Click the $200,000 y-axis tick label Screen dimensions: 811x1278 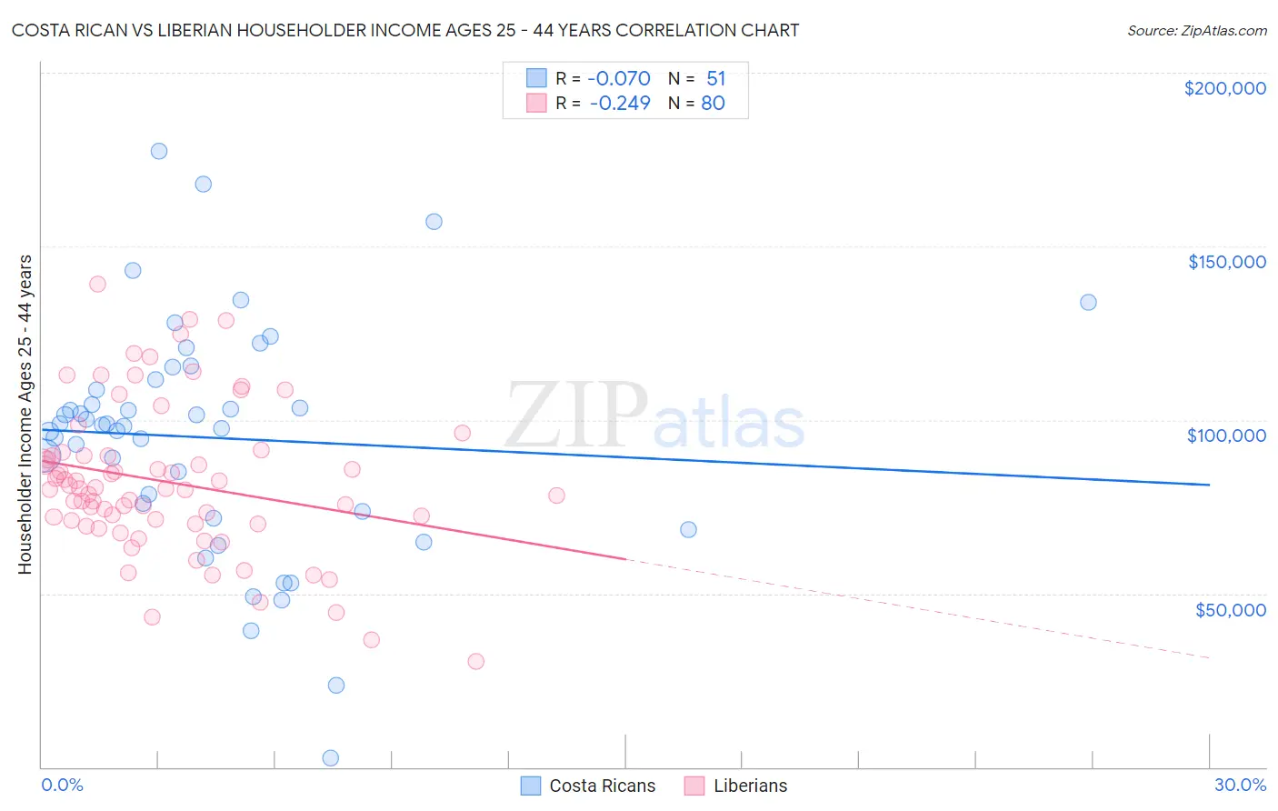click(x=1224, y=88)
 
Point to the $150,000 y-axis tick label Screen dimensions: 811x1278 click(x=1226, y=262)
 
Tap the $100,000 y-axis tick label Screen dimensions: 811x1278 click(x=1226, y=436)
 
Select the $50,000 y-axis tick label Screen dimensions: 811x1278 click(x=1230, y=609)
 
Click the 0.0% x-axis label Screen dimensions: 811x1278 click(x=62, y=785)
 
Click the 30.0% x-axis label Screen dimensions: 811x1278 click(x=1240, y=785)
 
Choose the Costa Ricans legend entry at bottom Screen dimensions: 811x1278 click(x=602, y=786)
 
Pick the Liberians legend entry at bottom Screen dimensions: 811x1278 click(x=750, y=786)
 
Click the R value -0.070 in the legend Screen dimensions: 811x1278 click(x=620, y=79)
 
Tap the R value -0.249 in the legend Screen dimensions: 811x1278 click(x=620, y=104)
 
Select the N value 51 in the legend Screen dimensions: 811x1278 click(x=716, y=79)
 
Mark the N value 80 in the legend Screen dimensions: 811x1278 click(x=713, y=104)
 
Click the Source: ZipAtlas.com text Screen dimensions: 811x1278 click(x=1196, y=31)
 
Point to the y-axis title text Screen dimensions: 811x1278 click(x=25, y=415)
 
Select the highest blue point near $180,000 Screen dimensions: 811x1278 click(x=159, y=151)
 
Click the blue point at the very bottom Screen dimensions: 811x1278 click(x=331, y=758)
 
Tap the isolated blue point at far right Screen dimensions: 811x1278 click(x=1088, y=302)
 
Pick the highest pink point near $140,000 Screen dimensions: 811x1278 click(x=97, y=284)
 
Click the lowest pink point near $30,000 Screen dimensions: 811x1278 click(x=475, y=661)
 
